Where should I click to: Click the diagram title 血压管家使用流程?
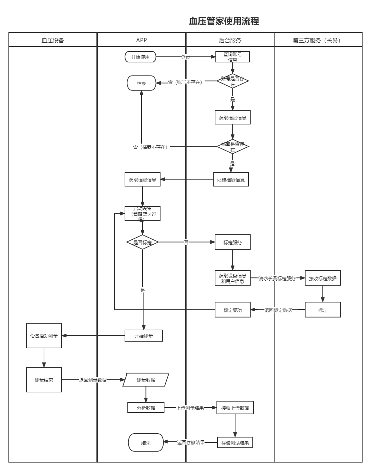(x=224, y=21)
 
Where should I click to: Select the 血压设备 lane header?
(x=53, y=40)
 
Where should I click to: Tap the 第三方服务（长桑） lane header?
(x=317, y=40)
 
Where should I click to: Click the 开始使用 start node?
(x=140, y=57)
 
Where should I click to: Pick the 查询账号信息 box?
(x=232, y=57)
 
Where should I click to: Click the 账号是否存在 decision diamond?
(x=232, y=81)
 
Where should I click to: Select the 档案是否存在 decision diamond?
(x=232, y=147)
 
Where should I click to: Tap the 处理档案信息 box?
(x=231, y=179)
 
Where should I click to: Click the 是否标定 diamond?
(x=143, y=242)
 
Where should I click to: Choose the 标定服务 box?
(x=232, y=243)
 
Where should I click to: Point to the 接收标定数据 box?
(x=322, y=278)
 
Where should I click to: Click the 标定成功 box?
(x=232, y=310)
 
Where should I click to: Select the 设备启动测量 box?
(x=44, y=336)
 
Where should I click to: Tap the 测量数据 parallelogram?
(x=146, y=380)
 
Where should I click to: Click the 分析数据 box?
(x=146, y=408)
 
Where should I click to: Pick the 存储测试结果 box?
(x=235, y=442)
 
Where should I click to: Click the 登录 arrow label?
(x=185, y=57)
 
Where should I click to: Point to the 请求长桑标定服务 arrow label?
(x=277, y=278)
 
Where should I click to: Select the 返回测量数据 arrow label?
(x=93, y=380)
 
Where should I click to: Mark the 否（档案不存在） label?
(x=151, y=147)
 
